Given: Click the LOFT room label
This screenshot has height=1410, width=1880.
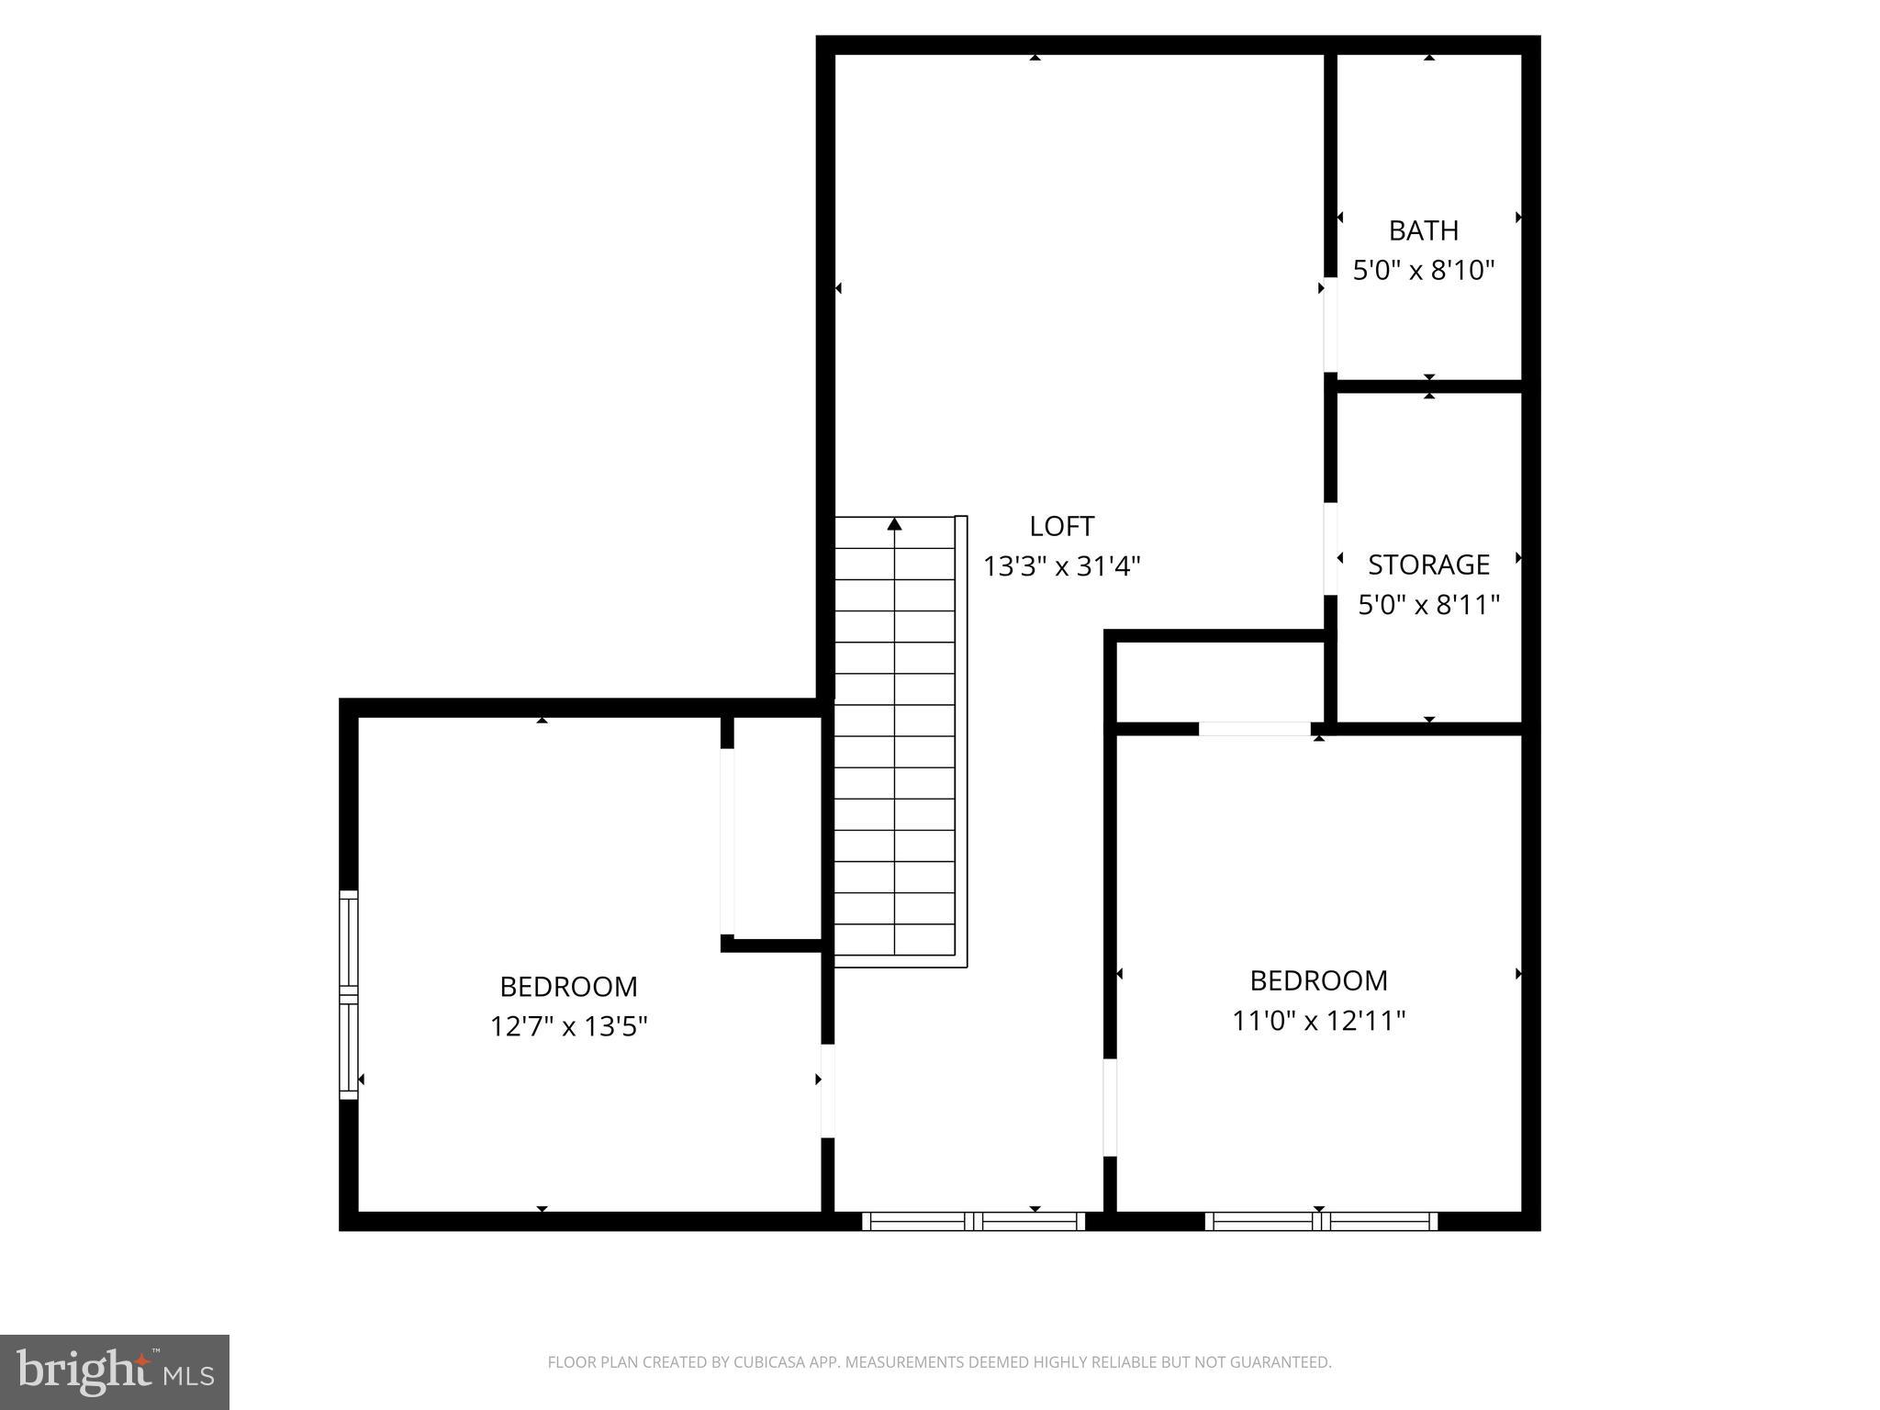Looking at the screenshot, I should [1061, 526].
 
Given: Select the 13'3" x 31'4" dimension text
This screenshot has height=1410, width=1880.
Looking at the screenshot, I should [1061, 566].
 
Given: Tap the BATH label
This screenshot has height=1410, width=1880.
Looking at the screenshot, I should [1423, 230].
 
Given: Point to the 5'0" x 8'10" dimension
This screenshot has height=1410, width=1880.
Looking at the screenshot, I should [1423, 271].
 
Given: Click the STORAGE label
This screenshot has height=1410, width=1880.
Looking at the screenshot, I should [1428, 565].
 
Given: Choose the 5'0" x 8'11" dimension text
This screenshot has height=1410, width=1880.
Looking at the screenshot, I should [1428, 605].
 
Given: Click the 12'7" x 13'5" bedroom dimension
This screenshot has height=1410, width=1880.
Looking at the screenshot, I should [568, 1026].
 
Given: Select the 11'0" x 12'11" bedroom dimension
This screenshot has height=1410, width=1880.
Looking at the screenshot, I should [1318, 1021].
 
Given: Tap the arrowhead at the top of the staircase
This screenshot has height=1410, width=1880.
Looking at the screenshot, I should [894, 524].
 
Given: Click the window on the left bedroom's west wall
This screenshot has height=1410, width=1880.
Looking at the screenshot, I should [349, 994].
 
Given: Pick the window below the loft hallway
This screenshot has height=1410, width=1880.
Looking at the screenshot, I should [974, 1221].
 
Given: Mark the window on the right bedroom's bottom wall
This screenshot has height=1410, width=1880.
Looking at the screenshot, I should [1320, 1221].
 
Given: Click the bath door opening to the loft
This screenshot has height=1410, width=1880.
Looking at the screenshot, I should [1329, 324].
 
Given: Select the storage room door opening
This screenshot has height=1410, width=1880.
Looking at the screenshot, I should [1329, 548].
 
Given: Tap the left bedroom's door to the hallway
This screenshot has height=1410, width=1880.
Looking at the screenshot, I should [827, 1091].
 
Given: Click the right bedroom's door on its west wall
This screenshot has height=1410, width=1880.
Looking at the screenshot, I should [1109, 1107].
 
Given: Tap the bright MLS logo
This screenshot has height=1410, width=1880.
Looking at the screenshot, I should [114, 1371].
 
